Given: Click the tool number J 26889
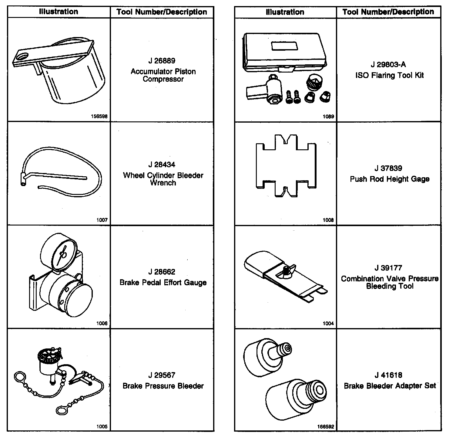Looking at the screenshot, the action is tap(162, 61).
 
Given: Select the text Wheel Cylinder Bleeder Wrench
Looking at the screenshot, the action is tap(163, 179).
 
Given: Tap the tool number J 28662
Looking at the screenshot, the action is tap(162, 272).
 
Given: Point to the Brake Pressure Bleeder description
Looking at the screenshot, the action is tap(163, 386).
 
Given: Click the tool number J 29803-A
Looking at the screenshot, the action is tap(388, 64).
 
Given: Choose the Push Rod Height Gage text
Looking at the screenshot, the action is tap(390, 179).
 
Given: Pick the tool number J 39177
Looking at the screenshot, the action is tap(388, 268).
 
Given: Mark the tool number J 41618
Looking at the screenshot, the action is tap(388, 375).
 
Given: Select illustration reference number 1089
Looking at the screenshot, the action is tap(328, 116).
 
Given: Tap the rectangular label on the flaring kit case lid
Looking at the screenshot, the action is tap(285, 46).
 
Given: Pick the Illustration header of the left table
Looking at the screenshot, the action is tap(59, 12).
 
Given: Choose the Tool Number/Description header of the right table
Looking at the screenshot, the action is tap(388, 12).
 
